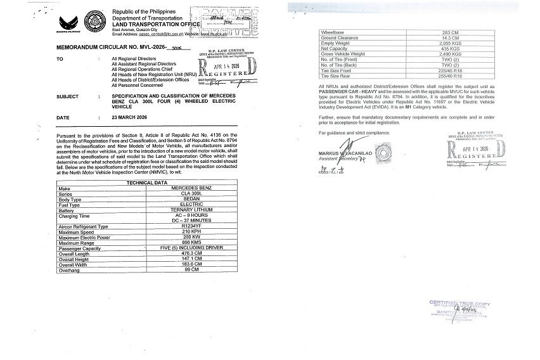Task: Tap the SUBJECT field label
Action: point(67,97)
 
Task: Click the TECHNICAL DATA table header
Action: point(147,182)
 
